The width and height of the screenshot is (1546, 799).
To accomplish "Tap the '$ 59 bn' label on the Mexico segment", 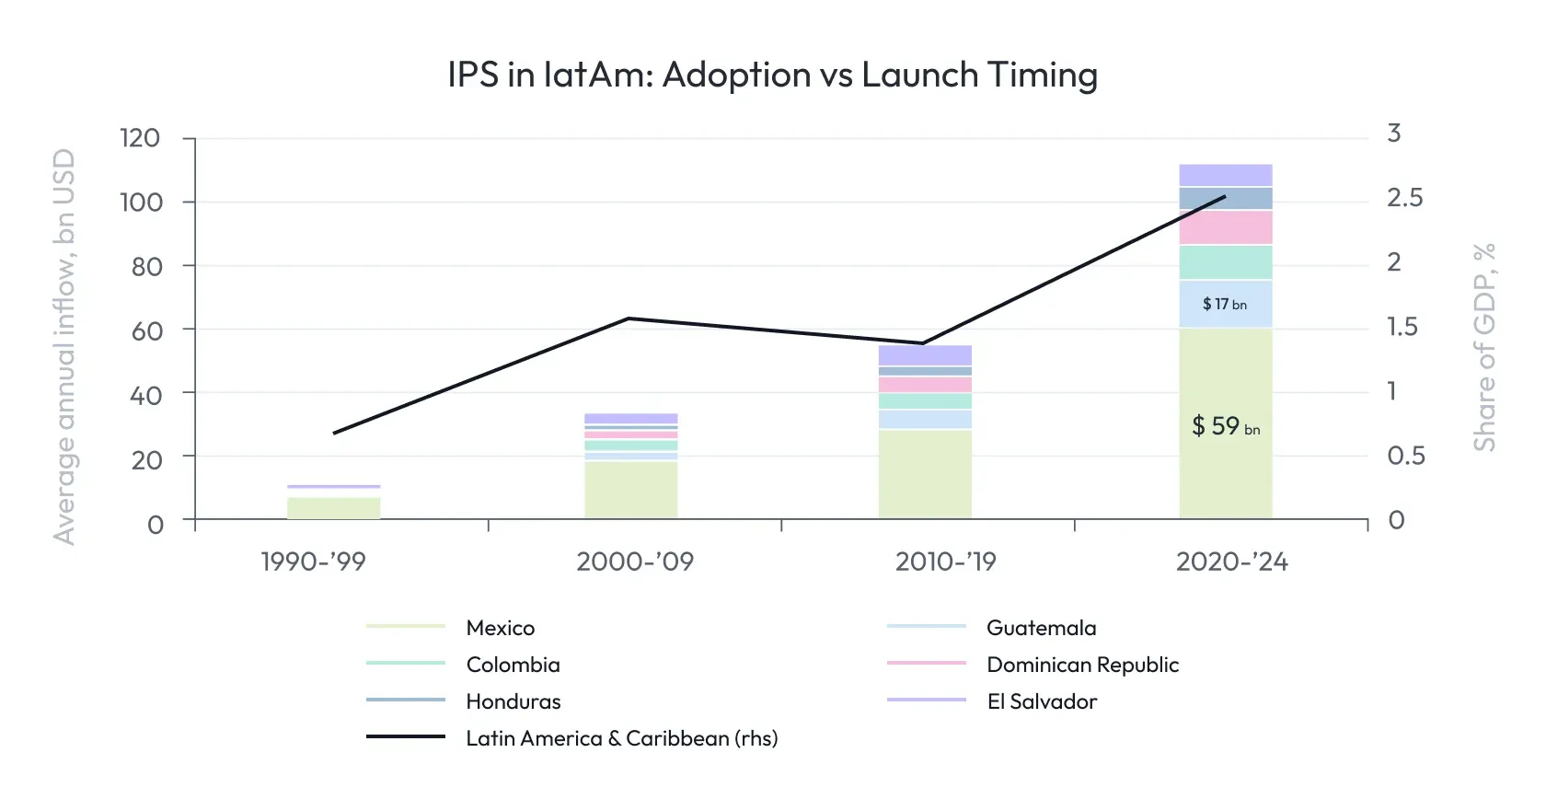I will pos(1225,426).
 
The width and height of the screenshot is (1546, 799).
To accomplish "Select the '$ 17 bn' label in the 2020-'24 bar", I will pos(1225,304).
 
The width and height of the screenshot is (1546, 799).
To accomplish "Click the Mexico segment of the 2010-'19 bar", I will pos(925,474).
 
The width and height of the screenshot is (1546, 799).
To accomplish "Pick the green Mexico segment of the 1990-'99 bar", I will pos(333,508).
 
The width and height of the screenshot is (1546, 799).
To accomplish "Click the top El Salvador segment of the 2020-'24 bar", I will pos(1225,175).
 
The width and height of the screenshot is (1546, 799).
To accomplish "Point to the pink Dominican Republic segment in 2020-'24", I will pos(1225,227).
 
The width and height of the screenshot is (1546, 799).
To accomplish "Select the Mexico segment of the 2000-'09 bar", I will pos(630,490).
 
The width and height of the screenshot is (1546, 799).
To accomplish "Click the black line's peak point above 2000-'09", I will pos(629,318).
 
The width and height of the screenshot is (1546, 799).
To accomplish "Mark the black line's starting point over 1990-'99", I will pos(334,433).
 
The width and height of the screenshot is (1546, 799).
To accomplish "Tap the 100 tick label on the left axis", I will pos(141,202).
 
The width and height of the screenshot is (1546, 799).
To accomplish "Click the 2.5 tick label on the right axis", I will pos(1404,198).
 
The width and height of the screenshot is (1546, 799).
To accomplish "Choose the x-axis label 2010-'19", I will pos(945,562).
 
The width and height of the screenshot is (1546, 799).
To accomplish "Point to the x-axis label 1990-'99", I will pos(313,562).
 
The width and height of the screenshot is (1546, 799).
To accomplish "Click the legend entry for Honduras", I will pos(513,701).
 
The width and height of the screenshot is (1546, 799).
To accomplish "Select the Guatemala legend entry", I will pos(1041,628).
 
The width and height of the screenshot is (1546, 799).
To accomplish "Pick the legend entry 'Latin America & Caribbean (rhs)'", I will pos(621,738).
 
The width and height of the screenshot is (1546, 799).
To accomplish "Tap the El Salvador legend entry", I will pos(1041,701).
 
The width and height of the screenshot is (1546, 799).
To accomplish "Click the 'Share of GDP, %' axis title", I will pos(1483,347).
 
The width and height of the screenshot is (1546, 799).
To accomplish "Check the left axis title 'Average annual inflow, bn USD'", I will pos(63,347).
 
